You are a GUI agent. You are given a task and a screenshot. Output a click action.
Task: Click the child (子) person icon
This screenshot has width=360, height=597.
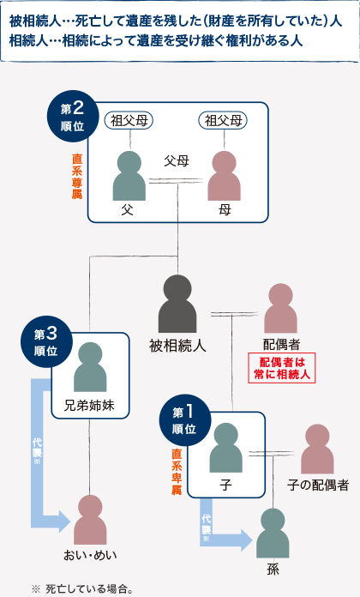point(226,448)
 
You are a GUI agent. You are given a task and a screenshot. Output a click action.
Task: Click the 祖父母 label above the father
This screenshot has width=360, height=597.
point(130,120)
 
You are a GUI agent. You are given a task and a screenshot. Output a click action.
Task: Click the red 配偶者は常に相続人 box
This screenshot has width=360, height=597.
point(282,367)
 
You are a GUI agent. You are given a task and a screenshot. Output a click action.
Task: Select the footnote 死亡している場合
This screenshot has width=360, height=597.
point(87,588)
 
